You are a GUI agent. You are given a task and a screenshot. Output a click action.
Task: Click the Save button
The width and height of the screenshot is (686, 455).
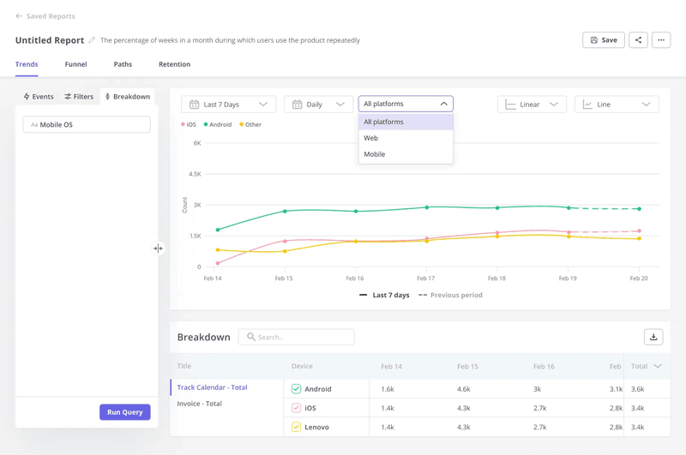pos(603,40)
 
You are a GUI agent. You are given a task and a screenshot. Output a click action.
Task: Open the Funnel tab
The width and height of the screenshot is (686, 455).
pos(75,64)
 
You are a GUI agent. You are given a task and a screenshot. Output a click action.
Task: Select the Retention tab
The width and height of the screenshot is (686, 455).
pos(174,64)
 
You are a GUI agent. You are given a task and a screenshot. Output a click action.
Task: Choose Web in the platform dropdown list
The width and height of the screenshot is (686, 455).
pos(371,138)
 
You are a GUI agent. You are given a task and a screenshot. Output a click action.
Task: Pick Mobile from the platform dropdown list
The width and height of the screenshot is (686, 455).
pos(375,154)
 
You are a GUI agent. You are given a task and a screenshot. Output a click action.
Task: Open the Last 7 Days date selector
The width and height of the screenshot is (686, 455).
pos(228,105)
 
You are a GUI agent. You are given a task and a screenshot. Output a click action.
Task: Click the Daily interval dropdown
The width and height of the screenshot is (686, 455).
pos(318,105)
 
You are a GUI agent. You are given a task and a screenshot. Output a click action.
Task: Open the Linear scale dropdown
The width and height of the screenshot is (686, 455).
pos(532,105)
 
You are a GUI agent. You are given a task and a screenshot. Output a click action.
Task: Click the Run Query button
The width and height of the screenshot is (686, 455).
pos(124,412)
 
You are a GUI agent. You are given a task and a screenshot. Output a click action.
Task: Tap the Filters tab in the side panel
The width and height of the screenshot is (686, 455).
pos(79,97)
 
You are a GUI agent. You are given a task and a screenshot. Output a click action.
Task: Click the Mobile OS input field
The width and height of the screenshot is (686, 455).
pos(87,125)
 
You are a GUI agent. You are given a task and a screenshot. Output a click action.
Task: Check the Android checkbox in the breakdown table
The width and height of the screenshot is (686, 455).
pos(296,389)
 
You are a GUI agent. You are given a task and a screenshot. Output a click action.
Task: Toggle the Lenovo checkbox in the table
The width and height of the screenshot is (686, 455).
pos(296,427)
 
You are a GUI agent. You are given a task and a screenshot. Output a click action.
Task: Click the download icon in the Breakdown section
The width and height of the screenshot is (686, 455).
pos(653,337)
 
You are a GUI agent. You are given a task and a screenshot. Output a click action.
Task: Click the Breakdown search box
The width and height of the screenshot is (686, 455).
pos(296,337)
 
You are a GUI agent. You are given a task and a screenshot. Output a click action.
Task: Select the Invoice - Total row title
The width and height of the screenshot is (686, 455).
pos(200,404)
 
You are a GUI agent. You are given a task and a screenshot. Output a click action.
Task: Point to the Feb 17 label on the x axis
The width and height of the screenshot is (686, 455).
pos(425,278)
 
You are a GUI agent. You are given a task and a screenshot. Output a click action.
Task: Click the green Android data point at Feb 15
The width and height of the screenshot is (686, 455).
pos(285,211)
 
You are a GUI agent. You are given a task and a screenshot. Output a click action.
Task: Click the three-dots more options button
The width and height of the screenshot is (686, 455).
pos(660,40)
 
